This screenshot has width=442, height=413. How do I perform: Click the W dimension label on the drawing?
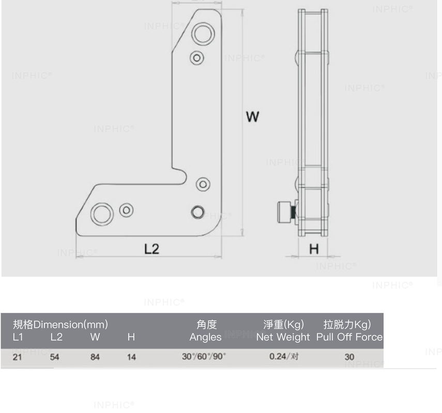coord(252,117)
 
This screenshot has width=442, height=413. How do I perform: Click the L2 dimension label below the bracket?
coord(151,249)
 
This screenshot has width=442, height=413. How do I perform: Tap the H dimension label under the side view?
coord(314,249)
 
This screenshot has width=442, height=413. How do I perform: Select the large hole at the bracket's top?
coord(203,33)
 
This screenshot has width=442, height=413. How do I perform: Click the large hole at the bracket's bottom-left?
coord(102,214)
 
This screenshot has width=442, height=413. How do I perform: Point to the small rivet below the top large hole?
coord(197,58)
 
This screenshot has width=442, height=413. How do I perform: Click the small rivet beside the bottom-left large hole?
coord(126,210)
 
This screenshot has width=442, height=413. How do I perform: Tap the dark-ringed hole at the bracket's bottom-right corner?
coord(197,212)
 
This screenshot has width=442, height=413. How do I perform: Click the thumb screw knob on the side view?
coord(285,213)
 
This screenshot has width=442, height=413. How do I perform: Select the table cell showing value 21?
coord(17,357)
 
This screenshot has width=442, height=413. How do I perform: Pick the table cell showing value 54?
coord(54,357)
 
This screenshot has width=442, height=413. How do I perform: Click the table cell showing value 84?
coord(95,357)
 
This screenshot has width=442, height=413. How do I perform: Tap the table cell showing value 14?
coord(131,357)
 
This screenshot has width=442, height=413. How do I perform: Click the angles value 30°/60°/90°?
coord(204,356)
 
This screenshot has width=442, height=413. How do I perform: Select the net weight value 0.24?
coord(278,356)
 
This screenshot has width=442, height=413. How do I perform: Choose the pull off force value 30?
coord(349,357)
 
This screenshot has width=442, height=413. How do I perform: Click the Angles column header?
coord(206,337)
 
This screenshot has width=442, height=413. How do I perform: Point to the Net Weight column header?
coord(283,337)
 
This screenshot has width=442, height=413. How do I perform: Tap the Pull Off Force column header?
coord(349,337)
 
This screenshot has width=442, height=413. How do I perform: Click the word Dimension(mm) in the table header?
coord(71,325)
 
